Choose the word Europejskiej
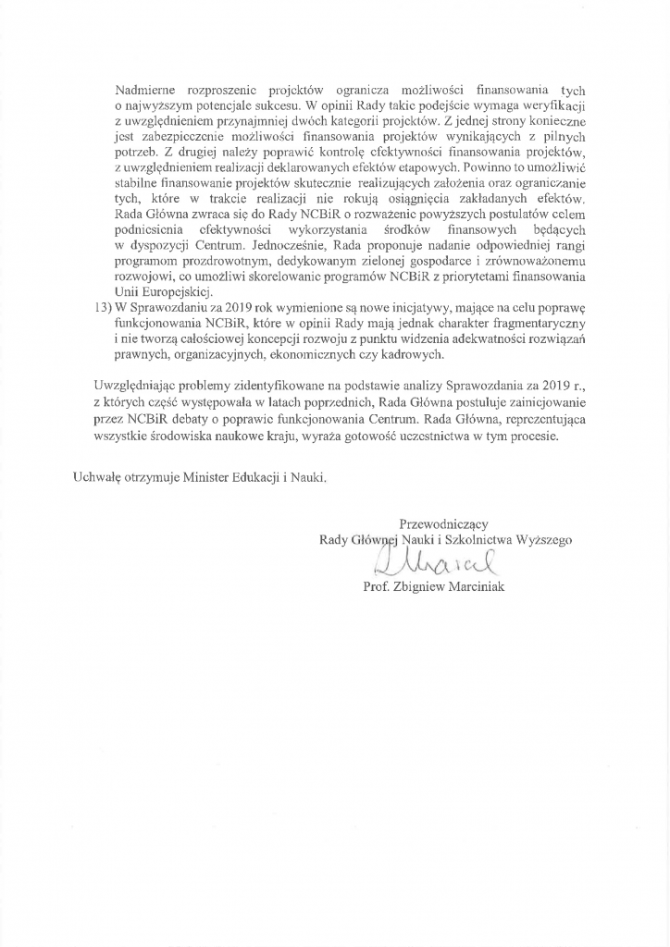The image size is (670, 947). pos(172,292)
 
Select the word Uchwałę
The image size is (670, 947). pos(97,477)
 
